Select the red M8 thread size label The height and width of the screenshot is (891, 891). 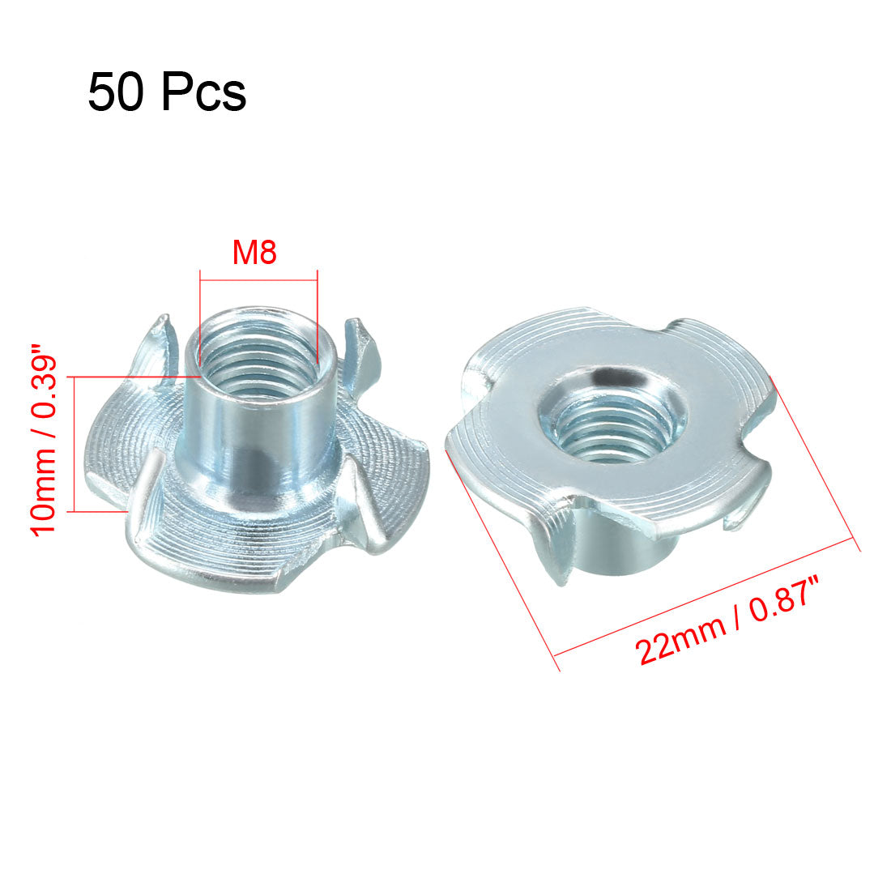click(x=254, y=253)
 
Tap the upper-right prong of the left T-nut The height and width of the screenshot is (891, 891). click(x=360, y=348)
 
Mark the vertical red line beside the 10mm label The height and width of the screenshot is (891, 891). click(x=75, y=444)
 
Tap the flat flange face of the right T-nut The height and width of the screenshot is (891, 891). click(x=518, y=421)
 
